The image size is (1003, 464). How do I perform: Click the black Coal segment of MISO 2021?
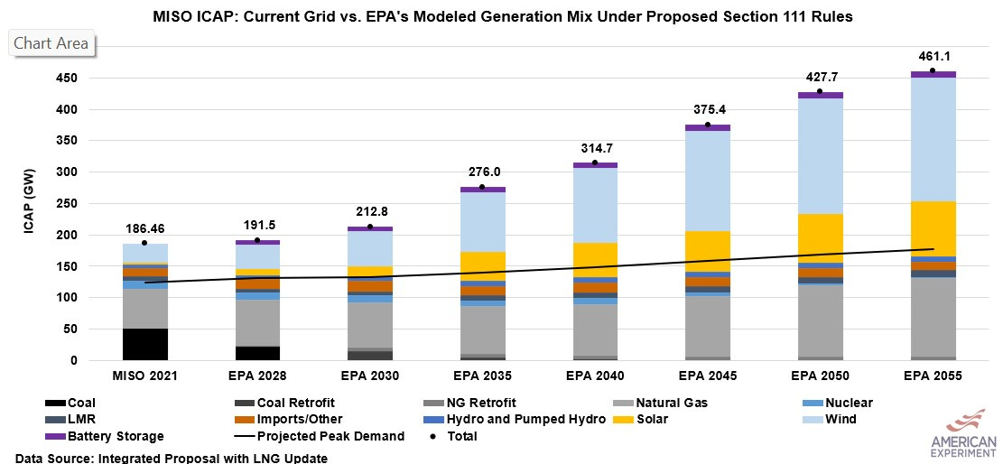[145, 344]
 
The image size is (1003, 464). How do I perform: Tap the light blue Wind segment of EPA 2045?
[707, 181]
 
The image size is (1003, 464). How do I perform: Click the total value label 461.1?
[932, 56]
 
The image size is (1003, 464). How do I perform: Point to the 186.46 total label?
[145, 229]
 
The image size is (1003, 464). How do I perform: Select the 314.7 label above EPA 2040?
[595, 148]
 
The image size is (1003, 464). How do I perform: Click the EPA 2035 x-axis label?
[482, 376]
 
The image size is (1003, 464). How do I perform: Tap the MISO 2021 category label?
[145, 376]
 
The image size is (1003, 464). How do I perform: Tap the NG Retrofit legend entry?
[483, 403]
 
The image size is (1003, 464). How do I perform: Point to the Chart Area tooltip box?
[51, 43]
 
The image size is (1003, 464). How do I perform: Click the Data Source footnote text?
[172, 458]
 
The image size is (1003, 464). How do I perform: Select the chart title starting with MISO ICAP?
[501, 17]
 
